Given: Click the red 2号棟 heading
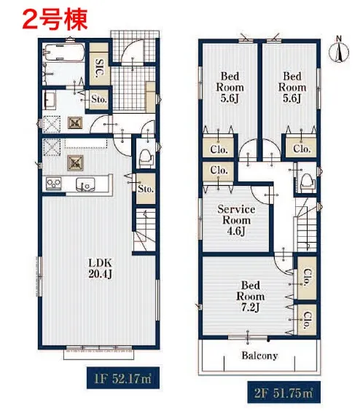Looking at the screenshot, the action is coord(55,19).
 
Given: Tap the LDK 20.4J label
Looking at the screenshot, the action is coord(101,268).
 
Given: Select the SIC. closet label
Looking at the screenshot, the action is coord(99,68).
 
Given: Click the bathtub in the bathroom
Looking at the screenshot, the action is coord(64,52).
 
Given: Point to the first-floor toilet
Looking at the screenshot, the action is coord(146,158).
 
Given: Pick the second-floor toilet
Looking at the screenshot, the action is coord(306,181).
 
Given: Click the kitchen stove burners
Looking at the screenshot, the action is coord(54,184).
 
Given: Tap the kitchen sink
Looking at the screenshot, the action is coord(85,184).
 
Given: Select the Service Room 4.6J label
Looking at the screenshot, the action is coord(236,220).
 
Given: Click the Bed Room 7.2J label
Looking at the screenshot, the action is coord(251,297).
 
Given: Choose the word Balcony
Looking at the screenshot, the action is coord(259,356).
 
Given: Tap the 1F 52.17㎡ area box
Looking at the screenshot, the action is coord(123,378).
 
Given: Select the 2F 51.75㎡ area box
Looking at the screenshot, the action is coord(283,392).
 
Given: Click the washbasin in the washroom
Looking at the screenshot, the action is coord(49,100).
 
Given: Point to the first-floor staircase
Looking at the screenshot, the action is coord(144,230).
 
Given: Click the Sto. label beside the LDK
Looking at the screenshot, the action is coord(146,189).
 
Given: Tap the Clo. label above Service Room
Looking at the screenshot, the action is coord(219,170).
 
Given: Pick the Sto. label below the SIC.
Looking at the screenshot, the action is coord(99,99).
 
